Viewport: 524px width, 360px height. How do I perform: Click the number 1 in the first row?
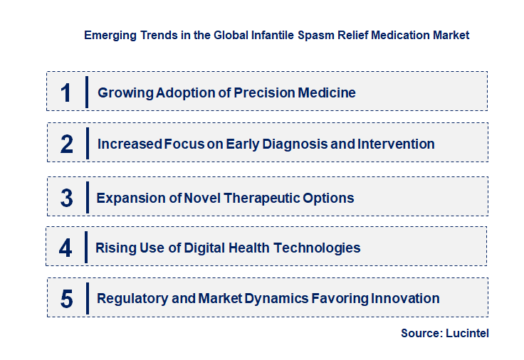[x=66, y=92]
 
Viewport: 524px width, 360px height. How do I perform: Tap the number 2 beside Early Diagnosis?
[x=67, y=144]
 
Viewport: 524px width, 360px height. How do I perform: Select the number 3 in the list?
[x=67, y=198]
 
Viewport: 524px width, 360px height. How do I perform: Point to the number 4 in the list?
[x=66, y=248]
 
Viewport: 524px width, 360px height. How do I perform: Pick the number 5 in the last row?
[x=67, y=299]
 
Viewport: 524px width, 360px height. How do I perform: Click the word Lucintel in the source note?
[x=467, y=333]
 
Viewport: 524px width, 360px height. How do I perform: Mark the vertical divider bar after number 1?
[x=86, y=92]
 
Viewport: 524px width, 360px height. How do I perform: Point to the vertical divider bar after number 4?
[x=86, y=248]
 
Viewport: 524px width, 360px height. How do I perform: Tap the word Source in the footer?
[x=420, y=333]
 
